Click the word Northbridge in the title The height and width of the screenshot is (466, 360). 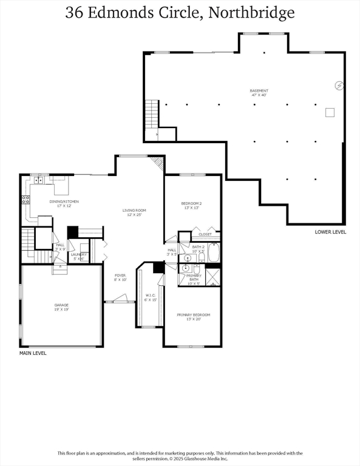251,12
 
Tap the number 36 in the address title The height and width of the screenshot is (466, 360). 75,12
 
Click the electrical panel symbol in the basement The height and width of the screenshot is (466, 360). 339,86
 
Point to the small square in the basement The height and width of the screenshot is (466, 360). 330,112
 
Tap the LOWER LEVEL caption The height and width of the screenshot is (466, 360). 330,232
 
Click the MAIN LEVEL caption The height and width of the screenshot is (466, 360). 33,353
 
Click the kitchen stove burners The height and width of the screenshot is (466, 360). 26,198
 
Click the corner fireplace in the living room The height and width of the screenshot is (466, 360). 158,163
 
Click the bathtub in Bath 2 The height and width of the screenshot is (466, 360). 213,252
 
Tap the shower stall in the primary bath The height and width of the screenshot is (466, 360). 212,277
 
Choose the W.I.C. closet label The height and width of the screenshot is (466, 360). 150,297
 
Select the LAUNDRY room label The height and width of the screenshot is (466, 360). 79,256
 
